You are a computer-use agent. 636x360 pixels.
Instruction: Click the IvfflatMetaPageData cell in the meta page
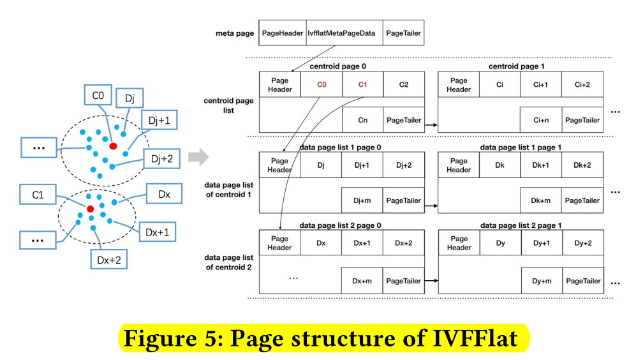pyautogui.click(x=344, y=33)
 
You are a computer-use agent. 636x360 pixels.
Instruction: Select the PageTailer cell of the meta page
pyautogui.click(x=403, y=33)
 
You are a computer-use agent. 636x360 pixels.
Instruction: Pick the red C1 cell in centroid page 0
pyautogui.click(x=362, y=84)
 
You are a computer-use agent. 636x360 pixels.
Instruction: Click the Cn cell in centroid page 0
pyautogui.click(x=362, y=120)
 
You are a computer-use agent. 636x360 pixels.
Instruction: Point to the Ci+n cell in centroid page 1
pyautogui.click(x=541, y=120)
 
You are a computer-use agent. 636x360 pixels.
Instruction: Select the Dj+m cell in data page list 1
pyautogui.click(x=362, y=200)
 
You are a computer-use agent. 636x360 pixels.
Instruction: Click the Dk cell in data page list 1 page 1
pyautogui.click(x=499, y=165)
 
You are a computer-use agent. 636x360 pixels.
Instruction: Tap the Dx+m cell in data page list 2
pyautogui.click(x=362, y=281)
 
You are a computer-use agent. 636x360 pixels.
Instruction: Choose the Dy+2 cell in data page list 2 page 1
pyautogui.click(x=582, y=243)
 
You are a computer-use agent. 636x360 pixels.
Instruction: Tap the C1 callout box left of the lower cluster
pyautogui.click(x=38, y=195)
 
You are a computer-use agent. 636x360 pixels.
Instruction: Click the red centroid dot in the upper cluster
pyautogui.click(x=113, y=146)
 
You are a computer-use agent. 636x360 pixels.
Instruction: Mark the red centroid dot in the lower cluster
pyautogui.click(x=91, y=209)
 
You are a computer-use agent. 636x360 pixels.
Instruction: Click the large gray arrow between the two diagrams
pyautogui.click(x=200, y=156)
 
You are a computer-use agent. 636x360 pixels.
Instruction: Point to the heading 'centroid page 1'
pyautogui.click(x=516, y=66)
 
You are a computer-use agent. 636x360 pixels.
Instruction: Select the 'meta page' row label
pyautogui.click(x=235, y=33)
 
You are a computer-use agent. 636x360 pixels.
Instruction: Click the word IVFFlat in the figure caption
pyautogui.click(x=479, y=338)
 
